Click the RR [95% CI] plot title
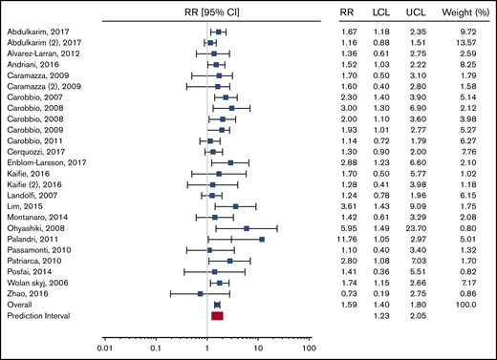pyautogui.click(x=207, y=13)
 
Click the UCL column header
pyautogui.click(x=420, y=13)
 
